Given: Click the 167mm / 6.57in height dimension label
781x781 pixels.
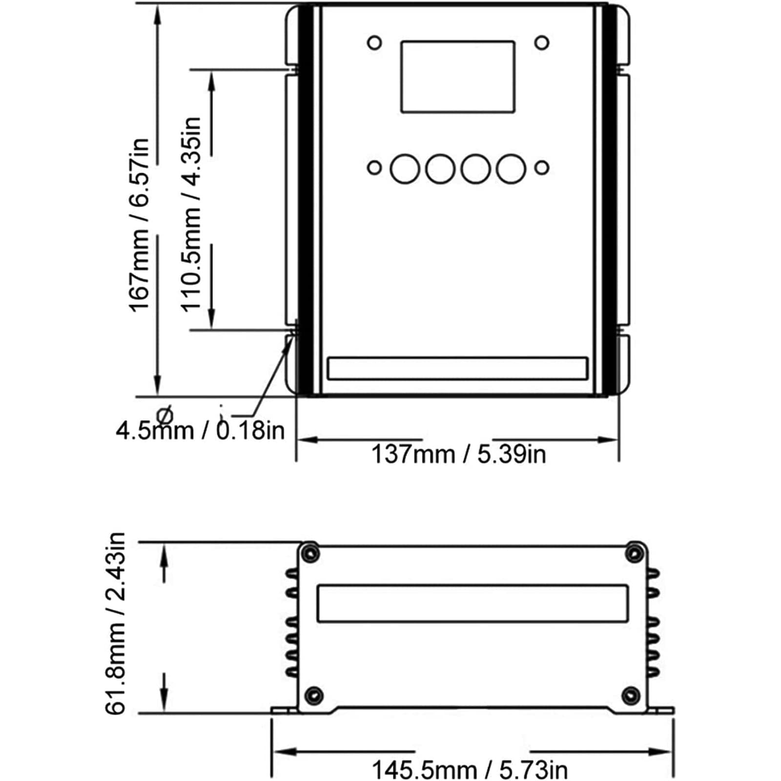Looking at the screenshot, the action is tap(139, 225).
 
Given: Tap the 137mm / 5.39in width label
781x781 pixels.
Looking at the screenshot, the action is tap(458, 454).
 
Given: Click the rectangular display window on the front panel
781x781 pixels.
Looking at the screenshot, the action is tap(458, 77).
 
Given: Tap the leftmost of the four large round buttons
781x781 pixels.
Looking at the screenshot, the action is tap(405, 169).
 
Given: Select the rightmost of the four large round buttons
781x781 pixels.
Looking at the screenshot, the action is tap(511, 169).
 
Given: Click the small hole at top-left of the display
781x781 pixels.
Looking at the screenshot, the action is tap(374, 43).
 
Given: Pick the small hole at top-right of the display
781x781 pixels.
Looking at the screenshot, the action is tap(542, 43).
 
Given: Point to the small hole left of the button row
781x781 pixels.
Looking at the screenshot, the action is tap(374, 168).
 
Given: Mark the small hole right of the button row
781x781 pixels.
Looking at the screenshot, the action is tap(542, 168).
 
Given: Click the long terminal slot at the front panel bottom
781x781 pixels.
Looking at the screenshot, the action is tap(457, 369).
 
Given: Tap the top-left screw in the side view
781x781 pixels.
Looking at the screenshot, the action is tap(310, 554).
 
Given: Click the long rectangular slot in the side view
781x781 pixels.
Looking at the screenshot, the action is tap(473, 603).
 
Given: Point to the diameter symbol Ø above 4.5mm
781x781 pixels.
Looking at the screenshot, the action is tap(165, 415).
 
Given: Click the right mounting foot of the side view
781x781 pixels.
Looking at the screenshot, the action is tap(660, 710).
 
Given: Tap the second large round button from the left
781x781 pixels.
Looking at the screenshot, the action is tap(440, 169).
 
